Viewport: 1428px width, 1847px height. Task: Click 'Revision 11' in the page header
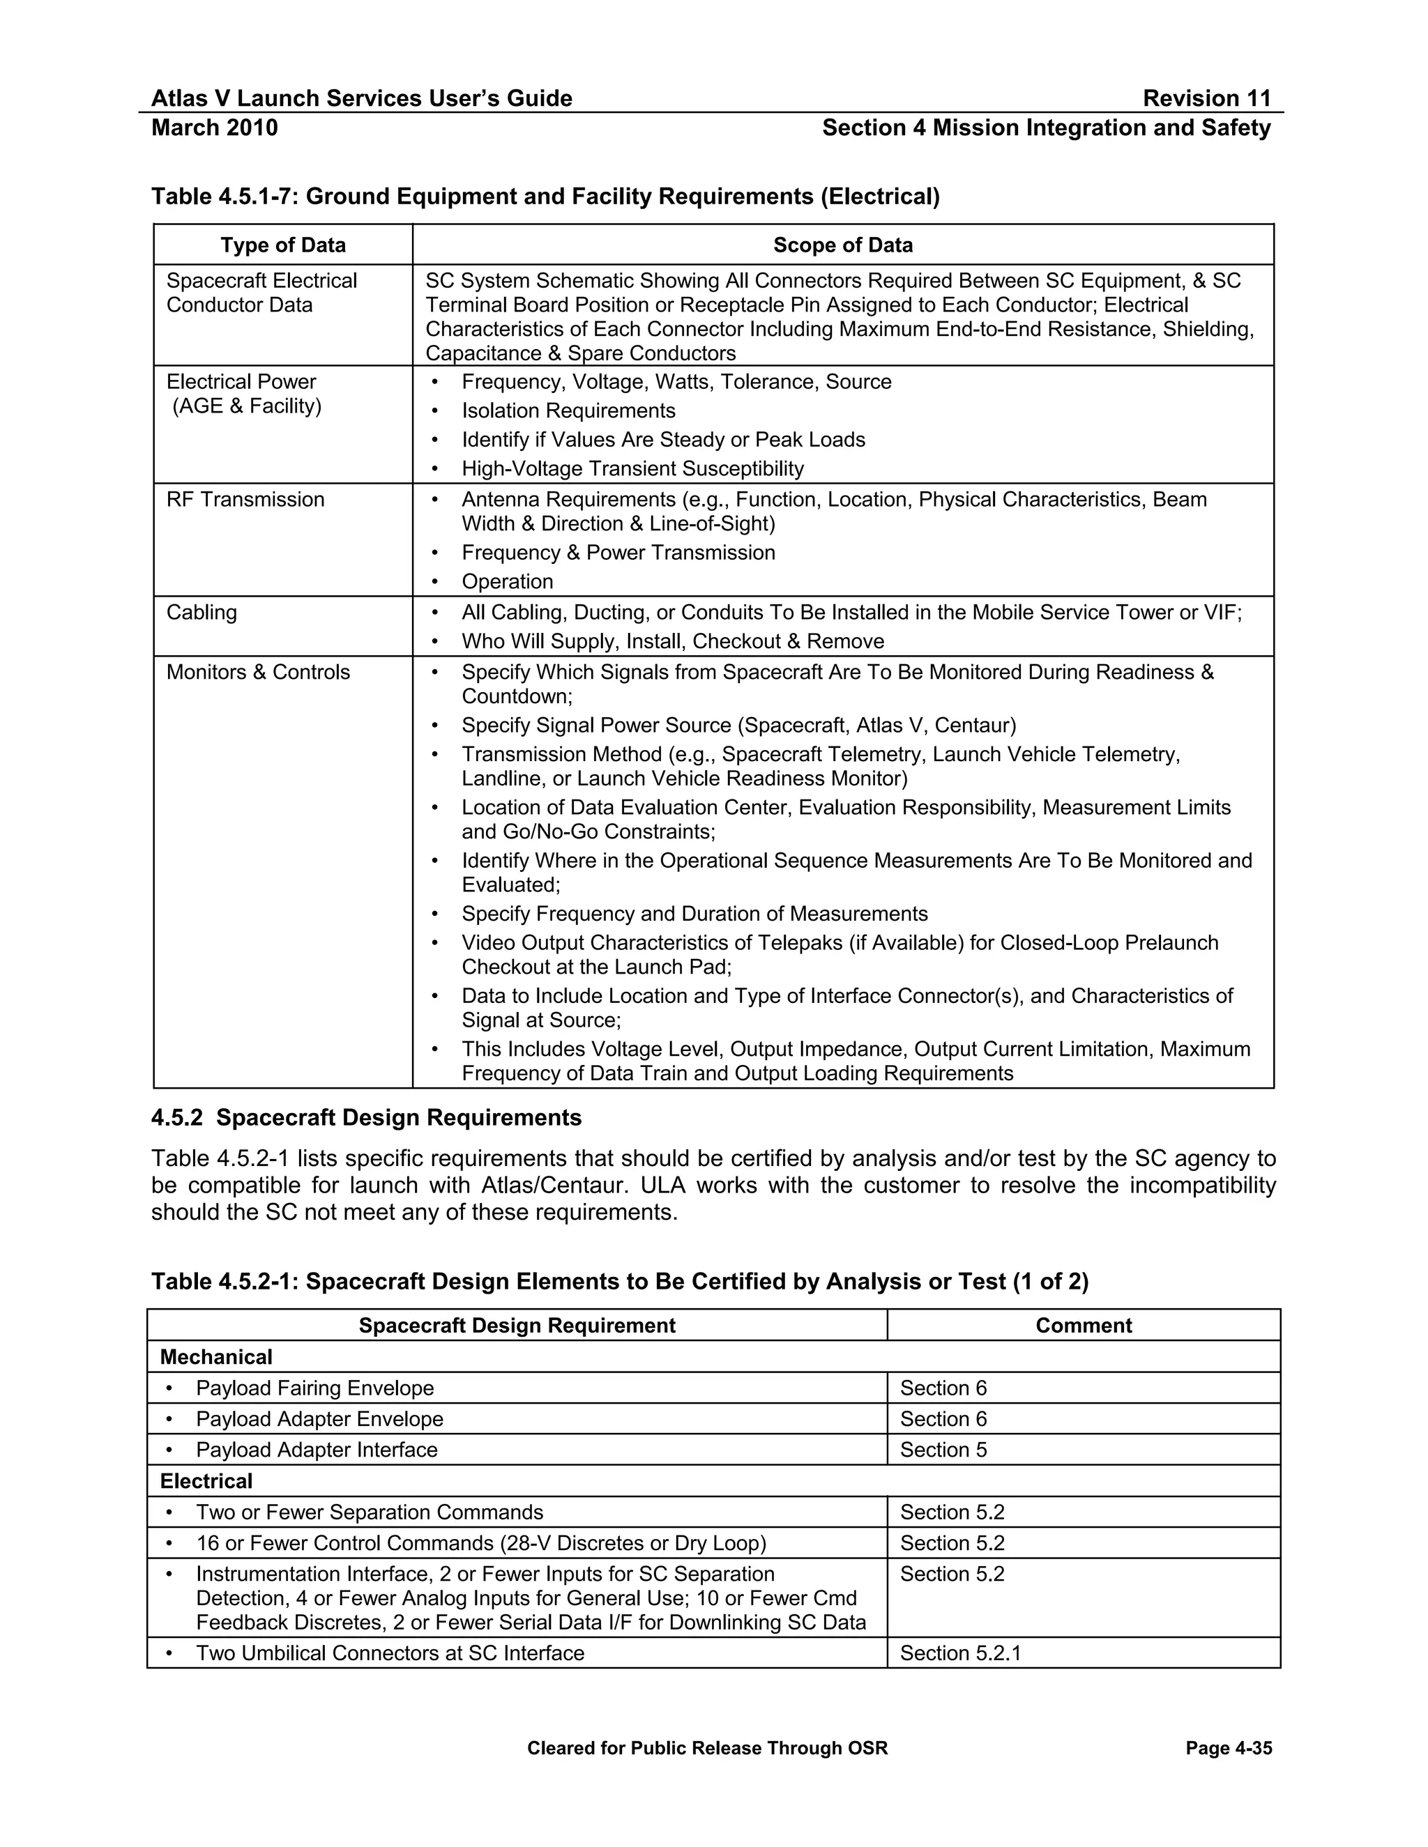(x=1206, y=98)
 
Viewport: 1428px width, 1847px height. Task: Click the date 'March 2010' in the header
(x=214, y=128)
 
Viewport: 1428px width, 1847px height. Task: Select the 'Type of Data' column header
(x=282, y=245)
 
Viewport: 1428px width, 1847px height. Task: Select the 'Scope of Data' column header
(x=842, y=245)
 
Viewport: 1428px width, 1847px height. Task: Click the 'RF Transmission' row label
(x=245, y=500)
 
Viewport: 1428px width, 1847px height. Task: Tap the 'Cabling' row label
(x=202, y=612)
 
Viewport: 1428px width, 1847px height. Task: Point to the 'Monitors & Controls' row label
(x=258, y=673)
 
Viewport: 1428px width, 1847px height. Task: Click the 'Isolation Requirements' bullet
(x=568, y=411)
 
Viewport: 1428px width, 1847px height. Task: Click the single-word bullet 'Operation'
(x=507, y=582)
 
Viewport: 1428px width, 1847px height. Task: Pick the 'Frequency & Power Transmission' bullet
(x=618, y=553)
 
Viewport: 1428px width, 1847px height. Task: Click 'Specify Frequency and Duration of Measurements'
(x=694, y=914)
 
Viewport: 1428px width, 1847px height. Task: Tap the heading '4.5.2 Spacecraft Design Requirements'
(x=366, y=1118)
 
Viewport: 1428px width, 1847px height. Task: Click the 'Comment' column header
(x=1083, y=1325)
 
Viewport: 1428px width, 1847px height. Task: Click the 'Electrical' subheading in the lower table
(x=206, y=1482)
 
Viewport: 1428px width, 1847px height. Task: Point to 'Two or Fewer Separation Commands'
(x=369, y=1512)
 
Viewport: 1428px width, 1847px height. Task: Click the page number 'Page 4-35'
(x=1229, y=1749)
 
